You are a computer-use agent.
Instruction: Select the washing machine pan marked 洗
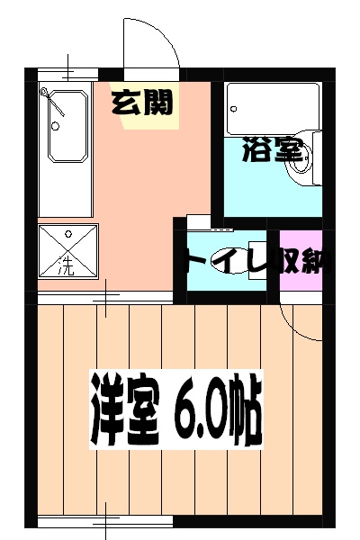65,250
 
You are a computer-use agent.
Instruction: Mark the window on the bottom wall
105,522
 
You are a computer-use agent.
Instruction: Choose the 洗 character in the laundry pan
65,265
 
